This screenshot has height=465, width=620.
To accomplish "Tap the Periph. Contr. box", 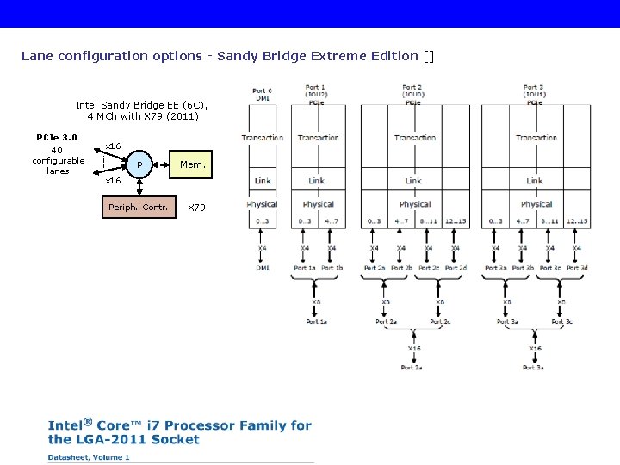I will point(138,208).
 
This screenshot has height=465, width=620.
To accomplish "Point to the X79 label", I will point(196,208).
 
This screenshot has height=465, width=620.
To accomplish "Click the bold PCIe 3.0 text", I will point(57,137).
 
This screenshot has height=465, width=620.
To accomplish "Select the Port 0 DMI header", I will point(262,95).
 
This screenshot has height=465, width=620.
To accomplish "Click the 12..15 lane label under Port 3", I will point(576,221).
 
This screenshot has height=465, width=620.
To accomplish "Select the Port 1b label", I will point(332,268).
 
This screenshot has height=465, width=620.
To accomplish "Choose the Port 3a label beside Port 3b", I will point(495,268).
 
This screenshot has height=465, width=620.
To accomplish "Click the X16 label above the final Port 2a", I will point(412,348).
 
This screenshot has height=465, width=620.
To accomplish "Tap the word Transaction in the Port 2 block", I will point(414,138).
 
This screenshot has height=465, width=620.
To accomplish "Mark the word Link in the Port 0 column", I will point(263,181).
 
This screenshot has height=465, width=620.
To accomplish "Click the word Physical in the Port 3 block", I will point(536,204).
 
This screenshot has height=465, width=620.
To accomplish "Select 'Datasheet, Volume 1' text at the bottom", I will point(89,457).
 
